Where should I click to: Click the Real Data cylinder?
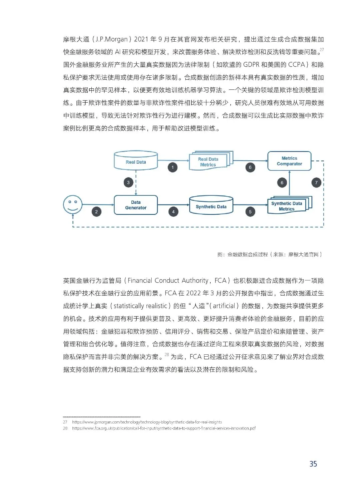click(136, 161)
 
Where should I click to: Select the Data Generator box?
click(136, 205)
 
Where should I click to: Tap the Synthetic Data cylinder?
click(211, 206)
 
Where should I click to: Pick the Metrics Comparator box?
click(289, 161)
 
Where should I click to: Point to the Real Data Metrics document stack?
click(208, 162)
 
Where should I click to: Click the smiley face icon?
click(73, 204)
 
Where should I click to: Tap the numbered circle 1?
click(172, 167)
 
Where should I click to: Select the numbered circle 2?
click(96, 212)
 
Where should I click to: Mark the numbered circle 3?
click(128, 182)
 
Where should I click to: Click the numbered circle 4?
click(173, 212)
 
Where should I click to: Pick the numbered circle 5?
click(250, 212)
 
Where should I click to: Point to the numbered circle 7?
click(316, 182)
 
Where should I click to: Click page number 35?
click(313, 464)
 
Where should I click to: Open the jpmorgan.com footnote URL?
click(147, 422)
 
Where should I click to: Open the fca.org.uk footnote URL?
click(164, 428)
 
